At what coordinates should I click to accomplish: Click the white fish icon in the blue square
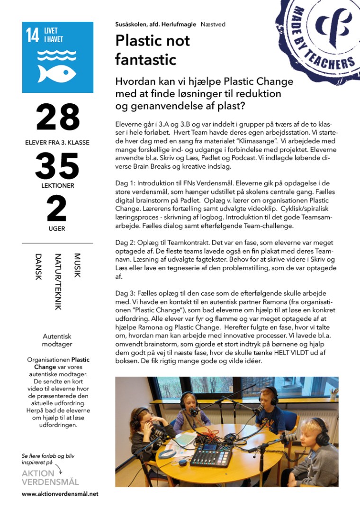57,73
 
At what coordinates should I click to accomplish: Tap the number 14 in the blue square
33,36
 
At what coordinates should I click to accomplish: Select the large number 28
57,117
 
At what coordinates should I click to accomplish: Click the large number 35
57,166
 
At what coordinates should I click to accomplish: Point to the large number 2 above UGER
57,209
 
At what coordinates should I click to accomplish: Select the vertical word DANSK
38,267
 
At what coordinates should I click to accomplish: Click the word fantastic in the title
146,60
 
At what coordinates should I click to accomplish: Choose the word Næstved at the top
213,24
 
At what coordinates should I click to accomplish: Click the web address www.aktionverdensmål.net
60,494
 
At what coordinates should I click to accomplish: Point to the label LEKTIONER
57,186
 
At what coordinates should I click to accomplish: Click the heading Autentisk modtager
57,340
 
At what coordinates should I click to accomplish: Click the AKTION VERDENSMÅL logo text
50,478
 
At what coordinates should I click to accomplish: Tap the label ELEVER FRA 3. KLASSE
57,142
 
